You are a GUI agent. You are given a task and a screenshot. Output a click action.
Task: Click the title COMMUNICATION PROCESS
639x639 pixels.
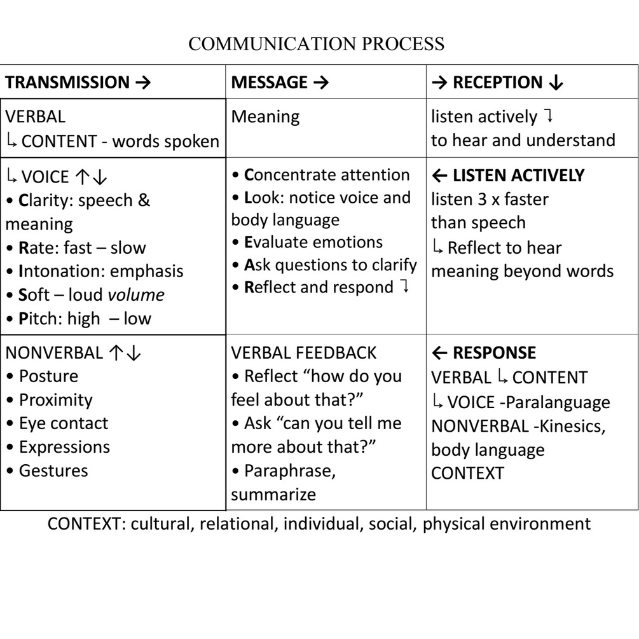pyautogui.click(x=317, y=45)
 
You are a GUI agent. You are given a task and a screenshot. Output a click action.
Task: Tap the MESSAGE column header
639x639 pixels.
pyautogui.click(x=279, y=82)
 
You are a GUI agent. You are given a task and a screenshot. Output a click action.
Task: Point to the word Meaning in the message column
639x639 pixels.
pyautogui.click(x=265, y=117)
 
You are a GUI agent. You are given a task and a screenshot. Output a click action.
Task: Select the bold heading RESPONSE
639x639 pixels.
pyautogui.click(x=493, y=353)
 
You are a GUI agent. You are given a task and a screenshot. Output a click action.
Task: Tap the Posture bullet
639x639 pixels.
pyautogui.click(x=48, y=376)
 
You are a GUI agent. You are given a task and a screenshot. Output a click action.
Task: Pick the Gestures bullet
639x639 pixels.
pyautogui.click(x=53, y=471)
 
